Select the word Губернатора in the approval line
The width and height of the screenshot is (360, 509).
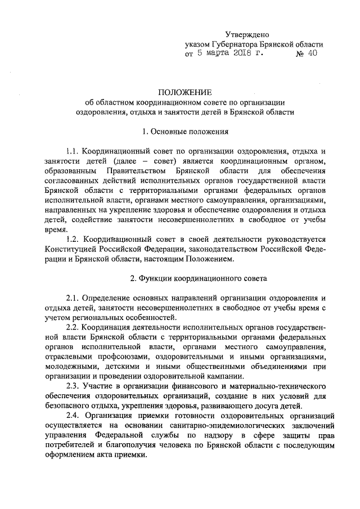[x=232, y=44]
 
